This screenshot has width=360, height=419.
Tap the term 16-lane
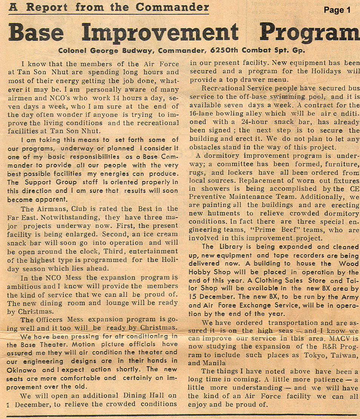(x=203, y=114)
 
